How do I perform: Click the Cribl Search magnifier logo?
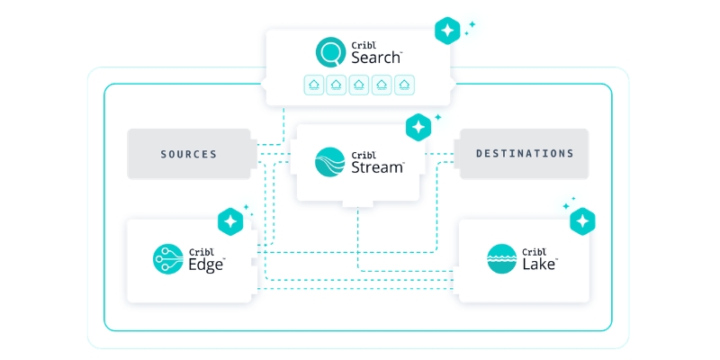pos(330,52)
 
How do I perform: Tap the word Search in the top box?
pos(376,58)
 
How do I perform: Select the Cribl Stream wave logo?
pos(329,162)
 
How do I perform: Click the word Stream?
pos(377,166)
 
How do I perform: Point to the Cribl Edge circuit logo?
pos(168,259)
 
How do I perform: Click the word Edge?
pos(206,265)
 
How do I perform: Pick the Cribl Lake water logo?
pos(502,259)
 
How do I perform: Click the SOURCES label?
pos(189,154)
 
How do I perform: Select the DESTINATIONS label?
pos(525,153)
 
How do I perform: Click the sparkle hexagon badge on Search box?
pos(447,31)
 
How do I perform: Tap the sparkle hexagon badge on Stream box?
pos(418,127)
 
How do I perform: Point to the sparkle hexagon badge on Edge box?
pos(230,221)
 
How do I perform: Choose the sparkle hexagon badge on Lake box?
pos(582,221)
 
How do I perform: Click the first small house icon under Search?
pos(314,85)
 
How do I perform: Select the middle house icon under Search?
pos(359,85)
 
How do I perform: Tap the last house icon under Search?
pos(404,85)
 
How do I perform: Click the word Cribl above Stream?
pos(364,155)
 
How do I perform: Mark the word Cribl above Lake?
pos(535,252)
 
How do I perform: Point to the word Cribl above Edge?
pos(201,252)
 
